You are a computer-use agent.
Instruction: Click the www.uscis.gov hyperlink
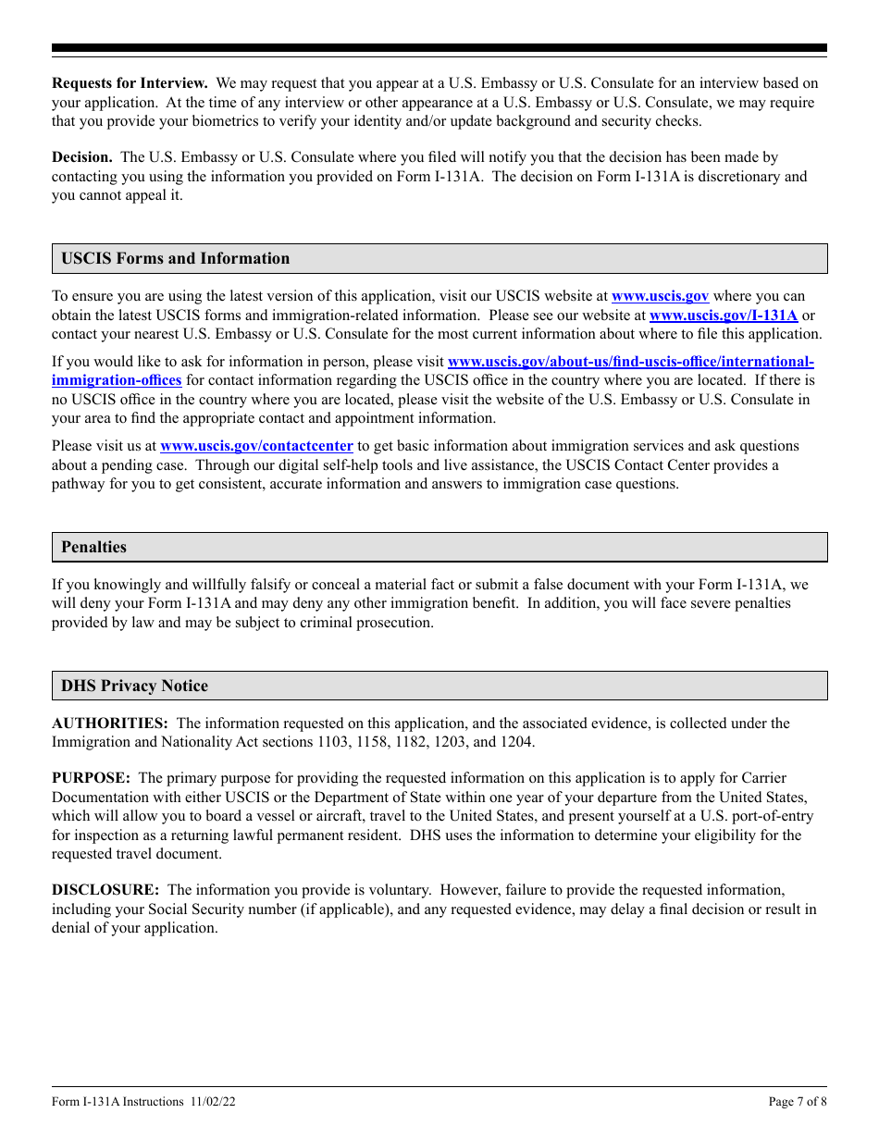[660, 296]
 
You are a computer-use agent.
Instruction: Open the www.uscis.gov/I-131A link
[724, 315]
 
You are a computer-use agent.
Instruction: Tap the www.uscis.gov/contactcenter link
[256, 446]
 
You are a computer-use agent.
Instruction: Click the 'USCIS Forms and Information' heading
[176, 259]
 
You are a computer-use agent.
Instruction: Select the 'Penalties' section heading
[93, 547]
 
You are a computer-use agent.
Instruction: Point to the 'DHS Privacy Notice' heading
[134, 686]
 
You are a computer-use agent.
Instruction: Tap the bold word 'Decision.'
[82, 157]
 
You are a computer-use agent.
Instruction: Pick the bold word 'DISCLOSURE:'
[105, 890]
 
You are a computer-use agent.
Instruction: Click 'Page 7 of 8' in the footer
[798, 1101]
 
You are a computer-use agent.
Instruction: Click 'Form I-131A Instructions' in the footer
[118, 1101]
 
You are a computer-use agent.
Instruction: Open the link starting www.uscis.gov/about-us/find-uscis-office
[630, 362]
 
